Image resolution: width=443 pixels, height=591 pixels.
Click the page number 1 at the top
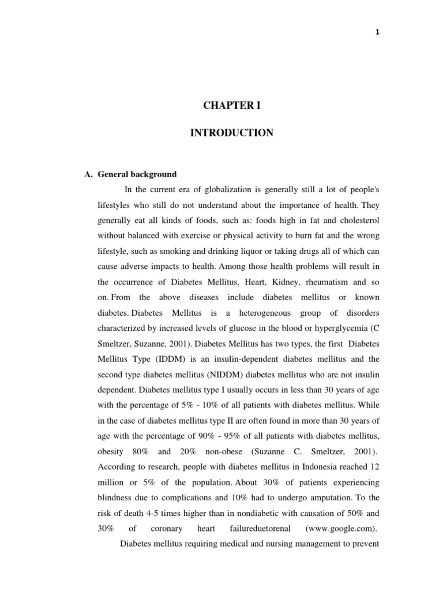click(x=377, y=32)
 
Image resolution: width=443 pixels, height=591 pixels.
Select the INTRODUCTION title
click(x=232, y=133)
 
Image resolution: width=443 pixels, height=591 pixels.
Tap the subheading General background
click(x=137, y=174)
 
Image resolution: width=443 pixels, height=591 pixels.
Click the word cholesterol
click(x=357, y=220)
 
